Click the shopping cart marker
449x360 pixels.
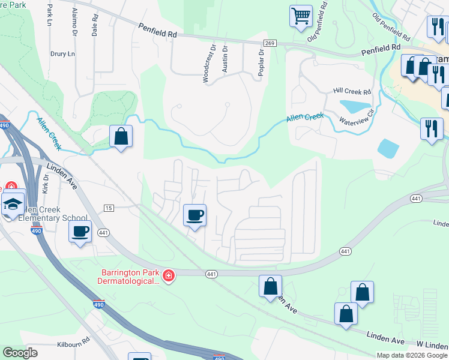pyautogui.click(x=301, y=16)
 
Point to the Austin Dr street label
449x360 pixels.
pyautogui.click(x=225, y=59)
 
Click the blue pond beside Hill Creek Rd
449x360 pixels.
pyautogui.click(x=355, y=106)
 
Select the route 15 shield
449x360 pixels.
pyautogui.click(x=108, y=208)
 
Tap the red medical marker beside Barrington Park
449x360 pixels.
pyautogui.click(x=169, y=275)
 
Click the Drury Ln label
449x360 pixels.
pyautogui.click(x=62, y=54)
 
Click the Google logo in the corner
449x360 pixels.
pyautogui.click(x=20, y=353)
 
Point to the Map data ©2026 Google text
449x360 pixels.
pyautogui.click(x=412, y=355)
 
